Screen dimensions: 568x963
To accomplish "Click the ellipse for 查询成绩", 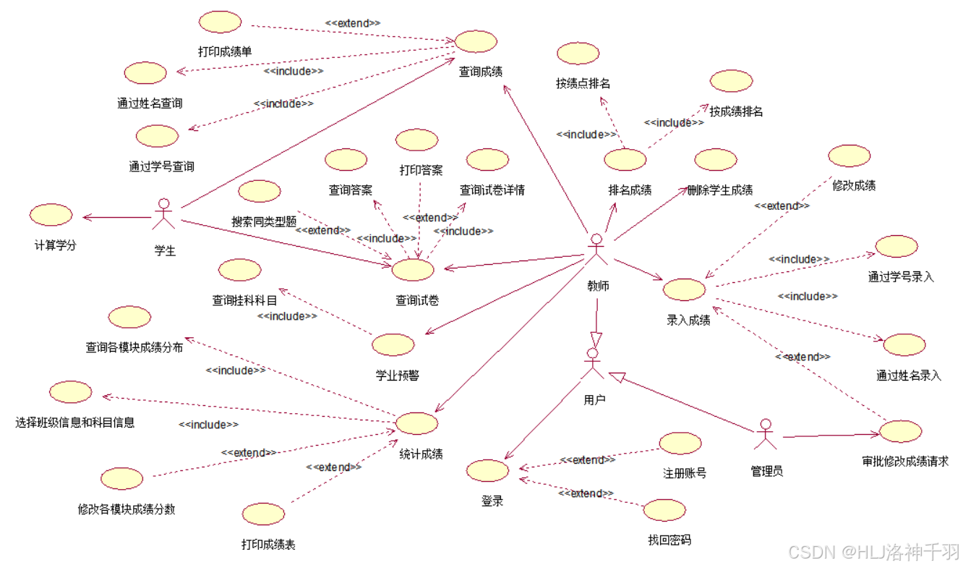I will pos(476,41).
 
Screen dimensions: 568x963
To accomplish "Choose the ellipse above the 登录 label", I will pos(487,471).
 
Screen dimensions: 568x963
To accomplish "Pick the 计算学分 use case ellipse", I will pos(51,215).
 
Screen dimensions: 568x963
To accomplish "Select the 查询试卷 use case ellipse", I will pos(413,270).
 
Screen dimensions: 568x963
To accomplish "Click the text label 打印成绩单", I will pos(225,51).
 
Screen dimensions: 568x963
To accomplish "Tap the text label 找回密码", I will pos(669,540).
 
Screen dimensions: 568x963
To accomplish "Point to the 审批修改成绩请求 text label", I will pos(904,462).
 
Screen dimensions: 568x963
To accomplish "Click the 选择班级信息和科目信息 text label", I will pos(75,422).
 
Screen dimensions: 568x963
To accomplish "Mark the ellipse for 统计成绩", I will pos(417,424).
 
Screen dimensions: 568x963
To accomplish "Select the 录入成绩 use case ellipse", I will pos(684,289).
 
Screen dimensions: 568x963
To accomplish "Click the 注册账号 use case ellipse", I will pos(680,444).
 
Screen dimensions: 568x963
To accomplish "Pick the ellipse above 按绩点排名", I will pos(578,53).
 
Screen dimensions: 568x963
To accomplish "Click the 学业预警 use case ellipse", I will pos(393,345).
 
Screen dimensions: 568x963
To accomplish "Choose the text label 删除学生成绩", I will pos(720,190).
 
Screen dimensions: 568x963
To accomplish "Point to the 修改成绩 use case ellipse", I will pos(849,156).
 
